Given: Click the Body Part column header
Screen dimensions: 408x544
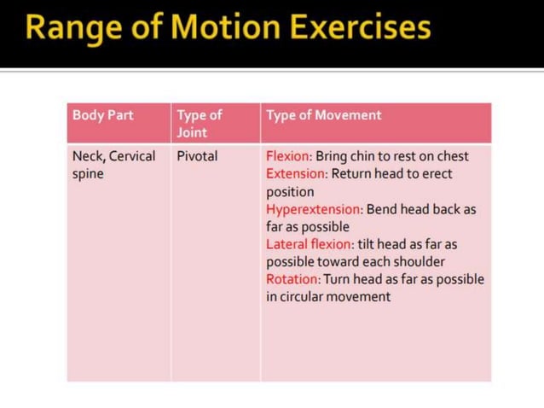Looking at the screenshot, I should click(x=103, y=115).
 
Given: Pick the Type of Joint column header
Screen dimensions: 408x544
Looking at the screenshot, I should click(x=199, y=124).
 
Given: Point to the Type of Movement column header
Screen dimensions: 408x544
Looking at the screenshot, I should click(x=324, y=115).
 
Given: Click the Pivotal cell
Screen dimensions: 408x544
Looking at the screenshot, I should click(x=198, y=156).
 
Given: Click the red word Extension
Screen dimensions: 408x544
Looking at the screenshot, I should click(x=296, y=174).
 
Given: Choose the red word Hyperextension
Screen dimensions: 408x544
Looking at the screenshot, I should click(x=314, y=209).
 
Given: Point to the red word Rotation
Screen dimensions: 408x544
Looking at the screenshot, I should click(x=292, y=279).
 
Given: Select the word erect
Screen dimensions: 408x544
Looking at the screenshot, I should click(x=433, y=174).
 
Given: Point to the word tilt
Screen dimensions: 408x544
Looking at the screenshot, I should click(x=370, y=244).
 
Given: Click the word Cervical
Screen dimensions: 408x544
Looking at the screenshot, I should click(x=132, y=156).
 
